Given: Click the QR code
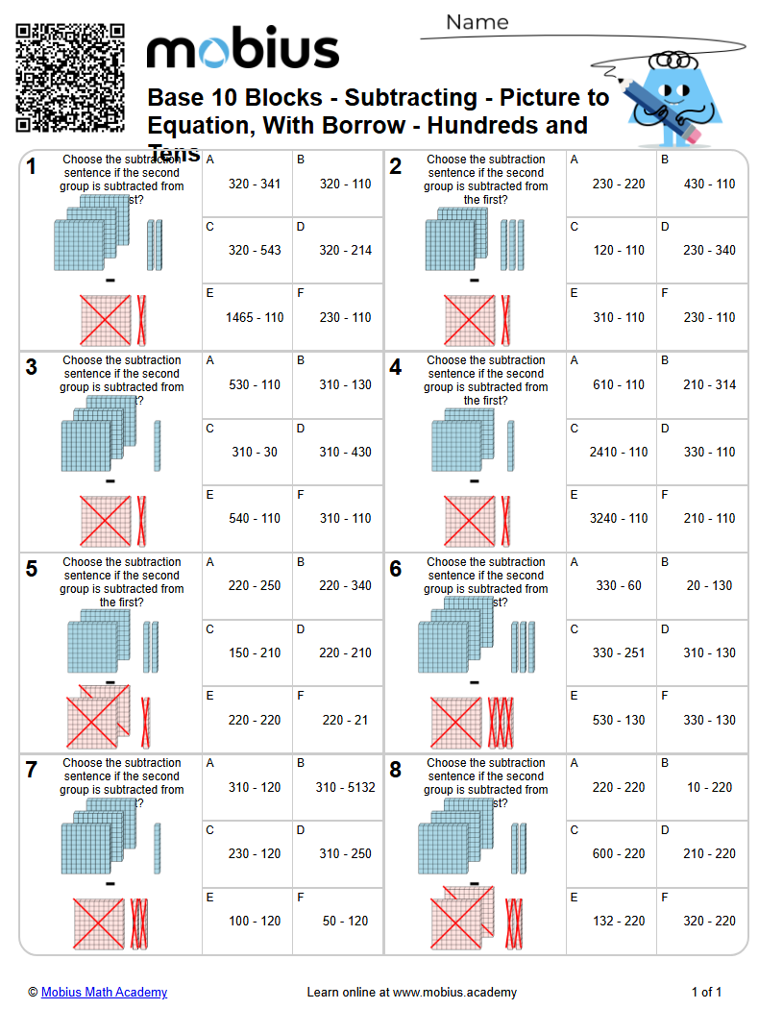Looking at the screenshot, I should (70, 77).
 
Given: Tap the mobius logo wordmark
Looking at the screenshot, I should (242, 50).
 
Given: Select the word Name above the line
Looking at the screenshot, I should (477, 22).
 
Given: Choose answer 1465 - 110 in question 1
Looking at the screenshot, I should (255, 317).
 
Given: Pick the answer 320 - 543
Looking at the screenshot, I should (255, 250).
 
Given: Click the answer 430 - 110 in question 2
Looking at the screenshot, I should (709, 184).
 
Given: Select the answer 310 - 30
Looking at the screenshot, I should (255, 452).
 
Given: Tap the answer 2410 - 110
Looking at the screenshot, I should (619, 452).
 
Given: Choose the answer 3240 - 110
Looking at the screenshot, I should (619, 518).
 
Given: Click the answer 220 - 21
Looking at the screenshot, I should (345, 720).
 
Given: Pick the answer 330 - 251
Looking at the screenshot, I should (619, 652).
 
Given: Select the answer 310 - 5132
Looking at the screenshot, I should (345, 787).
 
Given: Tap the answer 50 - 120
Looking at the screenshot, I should (345, 921).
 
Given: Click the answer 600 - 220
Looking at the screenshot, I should (619, 853).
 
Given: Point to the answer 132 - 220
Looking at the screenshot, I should (619, 921).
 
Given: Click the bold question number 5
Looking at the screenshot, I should (32, 569).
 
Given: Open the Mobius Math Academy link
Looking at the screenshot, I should (104, 992).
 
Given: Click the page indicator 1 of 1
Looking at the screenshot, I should (706, 992).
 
